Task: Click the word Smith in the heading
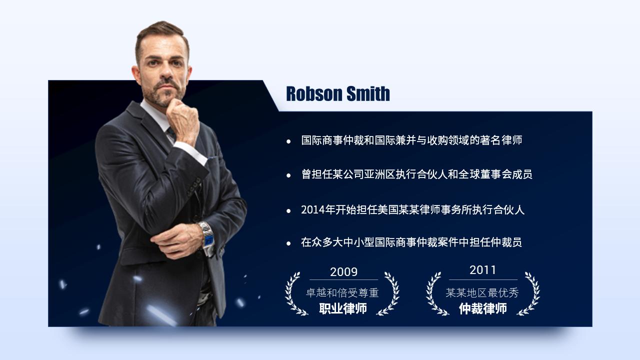(x=368, y=93)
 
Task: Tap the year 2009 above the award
(x=343, y=272)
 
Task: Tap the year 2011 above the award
(x=482, y=270)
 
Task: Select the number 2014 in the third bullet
(x=312, y=210)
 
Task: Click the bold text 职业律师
(x=343, y=308)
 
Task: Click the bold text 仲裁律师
(x=482, y=308)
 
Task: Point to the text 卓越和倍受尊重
(x=342, y=293)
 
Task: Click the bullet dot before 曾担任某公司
(x=288, y=175)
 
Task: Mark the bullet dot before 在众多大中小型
(x=288, y=243)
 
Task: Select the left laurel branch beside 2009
(x=293, y=293)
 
